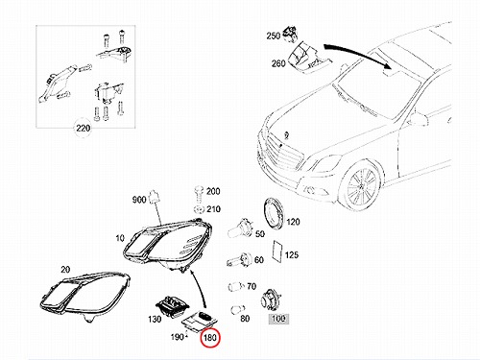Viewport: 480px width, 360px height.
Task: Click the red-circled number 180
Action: (210, 337)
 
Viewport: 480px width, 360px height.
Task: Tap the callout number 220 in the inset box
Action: (83, 128)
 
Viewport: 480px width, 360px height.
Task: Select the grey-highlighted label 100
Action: (278, 319)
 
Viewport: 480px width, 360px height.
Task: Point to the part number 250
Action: (274, 36)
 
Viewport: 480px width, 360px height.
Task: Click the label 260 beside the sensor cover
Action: (278, 63)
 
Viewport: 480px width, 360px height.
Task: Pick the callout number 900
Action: (139, 200)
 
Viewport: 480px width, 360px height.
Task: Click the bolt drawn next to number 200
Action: (199, 194)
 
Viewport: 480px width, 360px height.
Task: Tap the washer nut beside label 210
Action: (200, 209)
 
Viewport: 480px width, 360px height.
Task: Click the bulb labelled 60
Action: (239, 259)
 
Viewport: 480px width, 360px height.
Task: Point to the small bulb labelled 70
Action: (237, 286)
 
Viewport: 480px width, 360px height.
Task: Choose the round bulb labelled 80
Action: (237, 310)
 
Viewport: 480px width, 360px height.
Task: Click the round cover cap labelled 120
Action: (273, 213)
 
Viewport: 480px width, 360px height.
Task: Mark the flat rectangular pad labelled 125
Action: (277, 252)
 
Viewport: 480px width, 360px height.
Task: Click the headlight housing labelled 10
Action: (167, 244)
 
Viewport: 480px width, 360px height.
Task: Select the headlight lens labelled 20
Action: (84, 294)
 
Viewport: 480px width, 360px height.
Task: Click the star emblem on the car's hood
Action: (287, 135)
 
